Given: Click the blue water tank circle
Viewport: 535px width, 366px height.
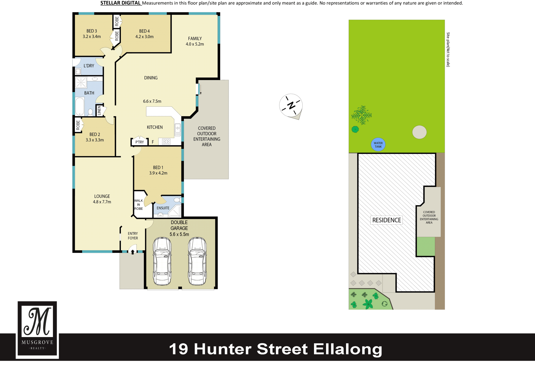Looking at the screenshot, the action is point(378,145).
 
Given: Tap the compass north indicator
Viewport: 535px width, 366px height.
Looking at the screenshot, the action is point(291,106).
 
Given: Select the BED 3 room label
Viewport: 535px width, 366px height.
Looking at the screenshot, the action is point(92,31).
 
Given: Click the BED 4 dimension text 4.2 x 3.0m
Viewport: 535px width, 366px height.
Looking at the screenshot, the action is point(144,37).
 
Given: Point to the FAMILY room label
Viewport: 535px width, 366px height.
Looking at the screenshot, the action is point(195,39).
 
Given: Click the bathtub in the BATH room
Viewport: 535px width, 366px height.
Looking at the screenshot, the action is point(80,106).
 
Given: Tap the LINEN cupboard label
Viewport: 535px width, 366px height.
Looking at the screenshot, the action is point(99,111).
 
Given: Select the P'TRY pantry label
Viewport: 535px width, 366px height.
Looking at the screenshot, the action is point(140,142).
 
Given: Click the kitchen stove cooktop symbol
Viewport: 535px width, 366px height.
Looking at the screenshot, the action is point(166,142).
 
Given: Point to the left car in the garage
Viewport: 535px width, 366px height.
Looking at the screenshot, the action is point(162,261).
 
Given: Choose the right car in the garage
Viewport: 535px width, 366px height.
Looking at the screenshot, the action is point(197,261).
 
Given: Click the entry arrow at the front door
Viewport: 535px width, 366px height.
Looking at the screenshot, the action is point(133,252).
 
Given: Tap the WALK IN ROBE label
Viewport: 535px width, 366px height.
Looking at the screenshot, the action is point(138,205).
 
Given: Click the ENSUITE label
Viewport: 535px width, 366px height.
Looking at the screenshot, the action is point(163,208).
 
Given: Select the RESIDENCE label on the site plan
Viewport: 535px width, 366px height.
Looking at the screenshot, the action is point(386,220).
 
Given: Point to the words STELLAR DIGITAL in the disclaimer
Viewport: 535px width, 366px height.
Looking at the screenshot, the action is point(120,3).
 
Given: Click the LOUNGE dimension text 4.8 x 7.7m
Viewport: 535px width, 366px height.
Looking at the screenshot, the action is point(102,202).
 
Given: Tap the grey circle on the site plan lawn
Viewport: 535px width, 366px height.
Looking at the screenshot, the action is point(419,132).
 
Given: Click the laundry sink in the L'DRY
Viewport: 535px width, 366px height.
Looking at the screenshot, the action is point(78,72).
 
